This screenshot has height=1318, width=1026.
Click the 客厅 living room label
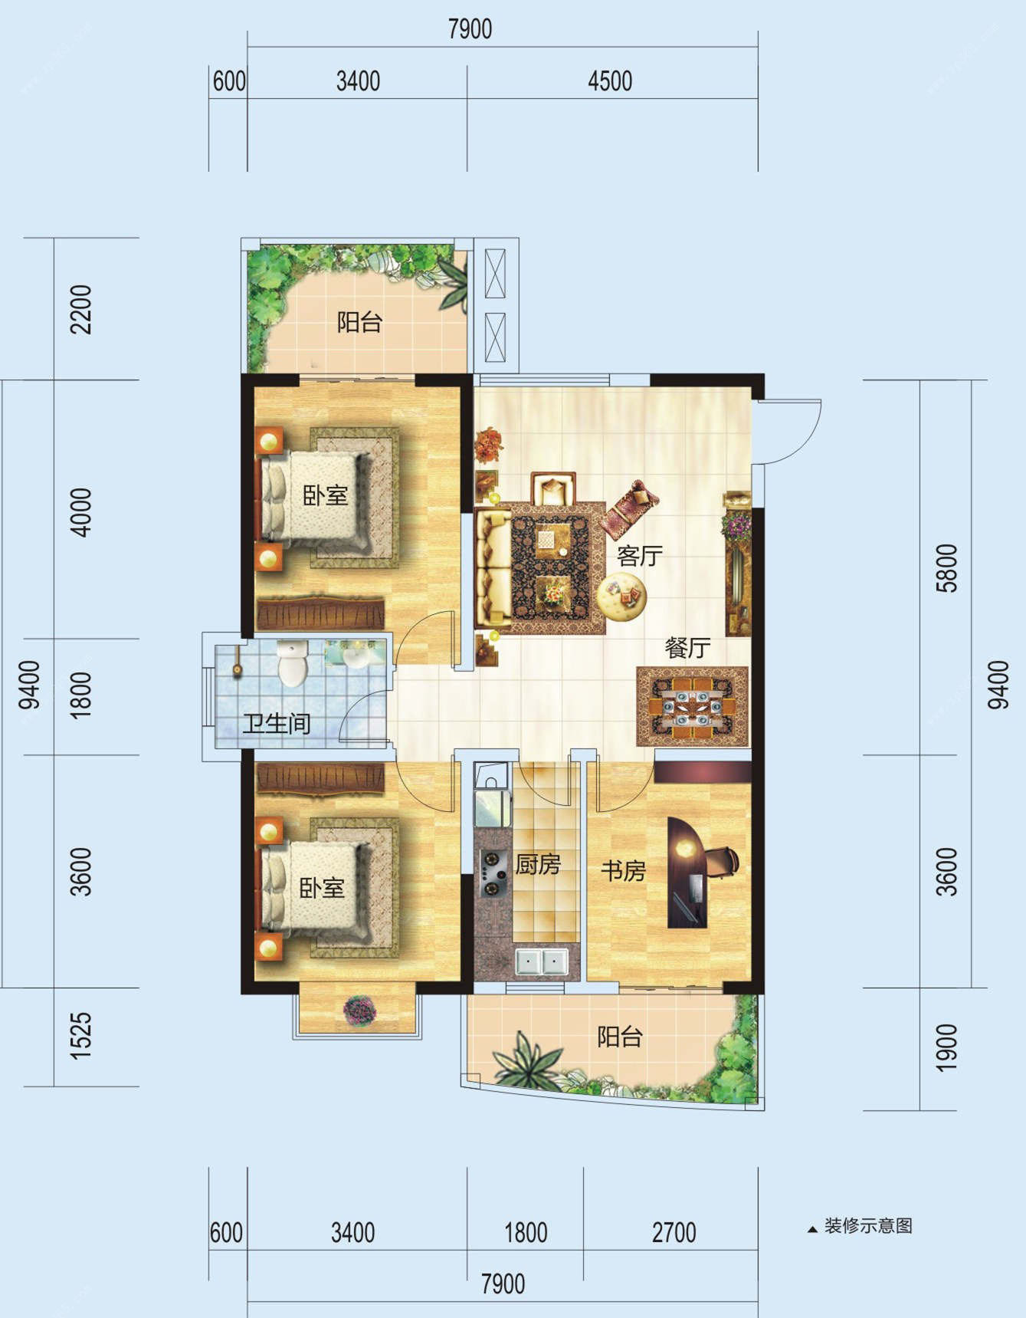click(x=639, y=556)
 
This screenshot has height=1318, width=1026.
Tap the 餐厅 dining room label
click(x=687, y=648)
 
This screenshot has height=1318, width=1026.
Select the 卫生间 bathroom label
click(x=277, y=723)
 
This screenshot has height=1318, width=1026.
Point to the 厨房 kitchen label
click(x=538, y=864)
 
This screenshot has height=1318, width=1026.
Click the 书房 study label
click(x=623, y=870)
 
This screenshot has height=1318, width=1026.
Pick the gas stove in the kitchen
click(x=492, y=873)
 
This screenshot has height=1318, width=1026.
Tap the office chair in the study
click(x=721, y=860)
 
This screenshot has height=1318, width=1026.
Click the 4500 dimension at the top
click(x=610, y=81)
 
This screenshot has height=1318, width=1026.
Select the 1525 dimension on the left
click(x=80, y=1036)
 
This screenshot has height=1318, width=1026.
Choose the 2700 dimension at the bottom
click(x=674, y=1233)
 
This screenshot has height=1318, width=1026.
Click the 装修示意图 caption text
click(x=868, y=1226)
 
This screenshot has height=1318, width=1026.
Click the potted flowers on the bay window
click(x=359, y=1010)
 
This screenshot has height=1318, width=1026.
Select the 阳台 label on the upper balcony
click(x=359, y=322)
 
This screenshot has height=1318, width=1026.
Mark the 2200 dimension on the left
click(x=80, y=309)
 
